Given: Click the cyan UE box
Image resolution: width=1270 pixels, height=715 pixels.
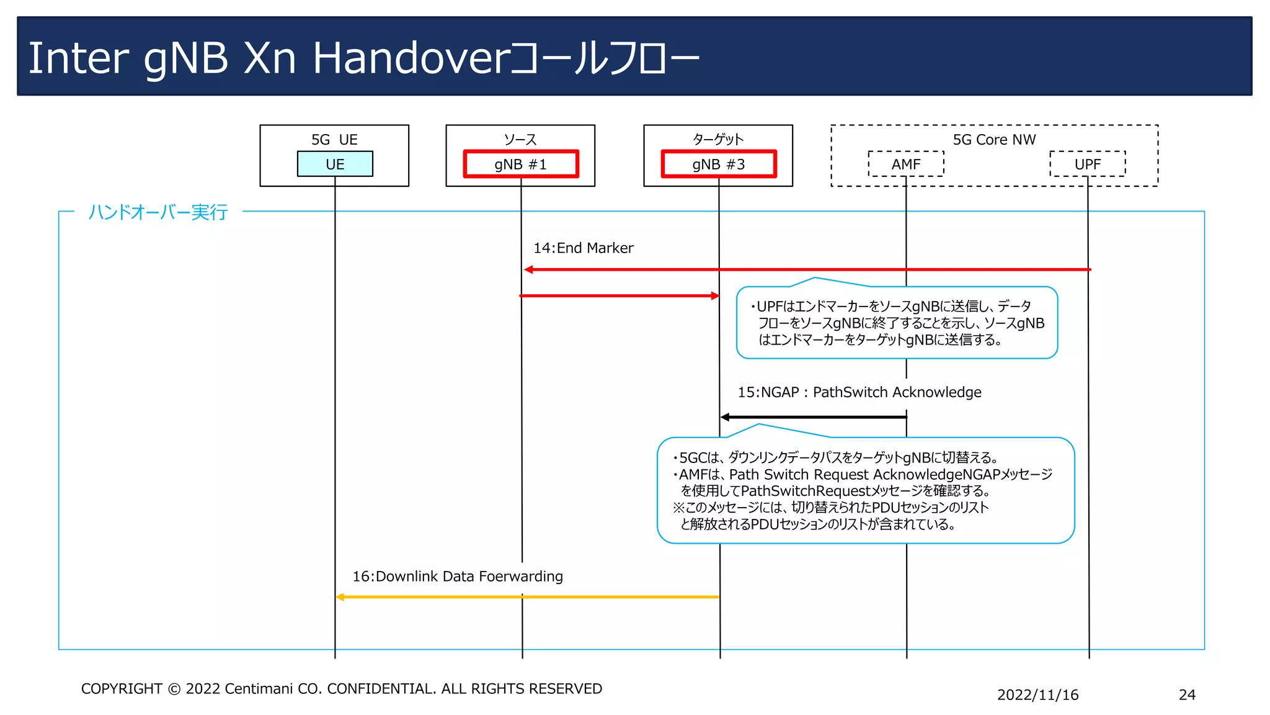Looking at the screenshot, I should [335, 164].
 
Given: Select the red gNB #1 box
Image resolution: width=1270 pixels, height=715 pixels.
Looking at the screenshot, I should [521, 164].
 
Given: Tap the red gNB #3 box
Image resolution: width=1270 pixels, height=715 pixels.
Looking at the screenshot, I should [719, 164].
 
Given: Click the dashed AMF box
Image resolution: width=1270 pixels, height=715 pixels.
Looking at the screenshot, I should [906, 164].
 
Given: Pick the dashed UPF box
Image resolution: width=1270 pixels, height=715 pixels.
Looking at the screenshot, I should [1088, 164].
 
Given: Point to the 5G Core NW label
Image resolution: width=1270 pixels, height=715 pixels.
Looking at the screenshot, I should [994, 140].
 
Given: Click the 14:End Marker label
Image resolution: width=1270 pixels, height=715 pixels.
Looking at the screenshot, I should [583, 248].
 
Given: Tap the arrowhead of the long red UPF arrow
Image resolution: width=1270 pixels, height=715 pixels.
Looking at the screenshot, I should [528, 269].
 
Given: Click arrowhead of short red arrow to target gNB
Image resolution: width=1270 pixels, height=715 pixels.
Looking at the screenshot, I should [715, 296].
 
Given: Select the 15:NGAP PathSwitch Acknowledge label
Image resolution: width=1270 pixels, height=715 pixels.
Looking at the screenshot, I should [859, 392].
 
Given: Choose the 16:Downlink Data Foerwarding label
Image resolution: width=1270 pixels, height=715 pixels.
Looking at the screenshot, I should [458, 577].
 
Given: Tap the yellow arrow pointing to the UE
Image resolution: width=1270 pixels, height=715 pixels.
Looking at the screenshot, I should [527, 597].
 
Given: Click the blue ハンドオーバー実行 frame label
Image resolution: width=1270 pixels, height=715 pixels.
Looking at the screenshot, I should [158, 212].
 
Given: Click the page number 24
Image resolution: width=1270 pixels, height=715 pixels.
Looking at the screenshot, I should [1187, 695].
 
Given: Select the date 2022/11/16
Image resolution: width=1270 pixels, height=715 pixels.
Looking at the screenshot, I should [1037, 695].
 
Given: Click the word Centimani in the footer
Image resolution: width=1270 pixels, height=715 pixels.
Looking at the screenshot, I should [259, 689].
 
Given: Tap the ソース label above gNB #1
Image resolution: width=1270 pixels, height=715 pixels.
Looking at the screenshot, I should [520, 140].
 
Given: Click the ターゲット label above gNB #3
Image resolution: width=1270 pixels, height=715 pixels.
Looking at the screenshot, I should [718, 140].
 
